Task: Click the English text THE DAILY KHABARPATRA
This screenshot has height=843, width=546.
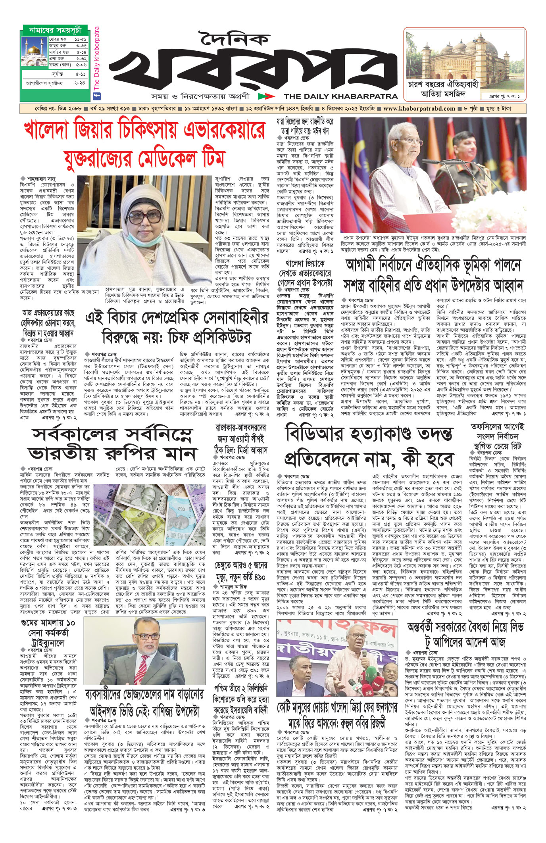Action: (340, 96)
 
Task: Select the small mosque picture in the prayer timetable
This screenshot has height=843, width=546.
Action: (34, 52)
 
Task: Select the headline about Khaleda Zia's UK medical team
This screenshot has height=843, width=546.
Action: (144, 144)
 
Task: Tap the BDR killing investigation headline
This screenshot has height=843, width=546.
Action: (369, 447)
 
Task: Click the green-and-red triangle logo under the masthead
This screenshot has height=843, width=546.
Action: (266, 96)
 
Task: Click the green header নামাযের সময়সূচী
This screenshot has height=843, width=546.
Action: (55, 30)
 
